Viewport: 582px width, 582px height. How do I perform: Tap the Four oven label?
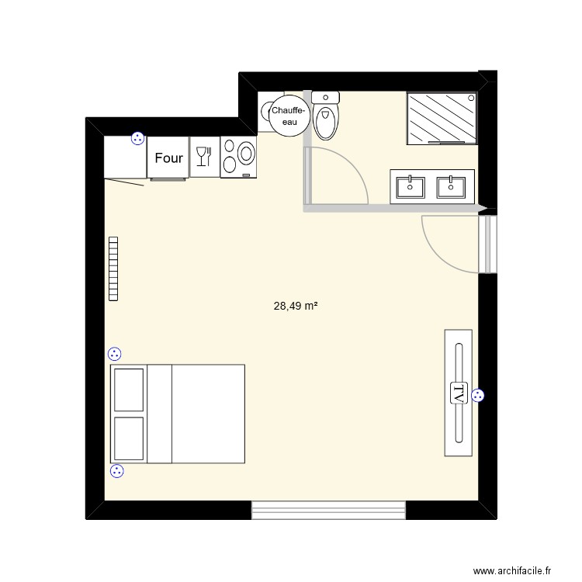point(168,158)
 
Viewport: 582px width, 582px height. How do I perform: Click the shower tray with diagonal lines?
point(440,118)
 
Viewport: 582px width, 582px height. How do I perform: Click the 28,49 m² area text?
point(296,307)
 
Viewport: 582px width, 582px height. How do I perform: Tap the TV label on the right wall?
point(458,393)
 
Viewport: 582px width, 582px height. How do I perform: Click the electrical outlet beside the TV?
point(477,396)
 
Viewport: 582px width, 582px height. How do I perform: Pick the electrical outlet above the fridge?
point(137,139)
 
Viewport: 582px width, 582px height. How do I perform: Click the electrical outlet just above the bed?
point(115,354)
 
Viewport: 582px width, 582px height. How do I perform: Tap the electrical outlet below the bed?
point(117,470)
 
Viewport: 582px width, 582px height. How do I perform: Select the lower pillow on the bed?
point(129,438)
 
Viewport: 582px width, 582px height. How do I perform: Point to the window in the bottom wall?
point(329,510)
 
